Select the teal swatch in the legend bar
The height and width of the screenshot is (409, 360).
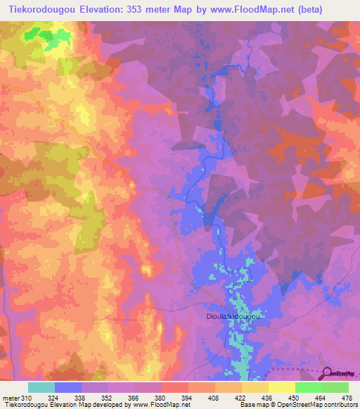(x=41, y=387)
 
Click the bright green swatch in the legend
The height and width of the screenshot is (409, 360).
(x=309, y=387)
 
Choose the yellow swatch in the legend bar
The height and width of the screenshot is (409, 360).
(x=255, y=387)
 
